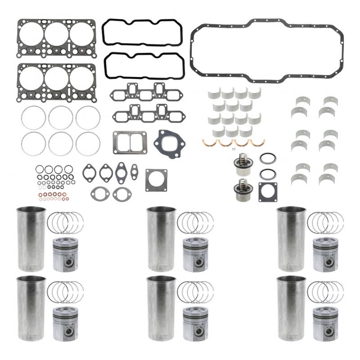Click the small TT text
234,149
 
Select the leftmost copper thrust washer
209,143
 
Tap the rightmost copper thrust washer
258,143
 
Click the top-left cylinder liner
31,238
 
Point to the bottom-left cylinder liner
31,308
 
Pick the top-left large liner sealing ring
33,118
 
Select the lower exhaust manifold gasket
148,114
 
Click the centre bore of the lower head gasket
56,78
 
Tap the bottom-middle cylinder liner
161,308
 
